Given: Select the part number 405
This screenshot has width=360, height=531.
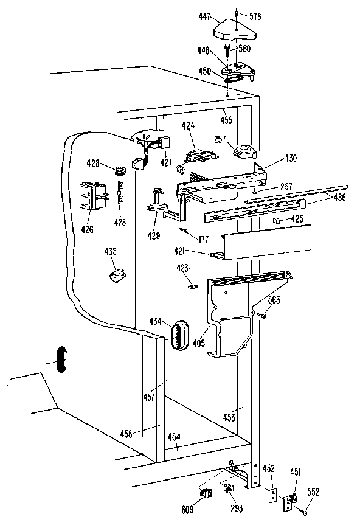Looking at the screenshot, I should tap(199, 344).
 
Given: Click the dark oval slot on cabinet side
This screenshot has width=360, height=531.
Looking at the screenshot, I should tap(59, 358).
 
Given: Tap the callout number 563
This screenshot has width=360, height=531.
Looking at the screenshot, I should tap(274, 299).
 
